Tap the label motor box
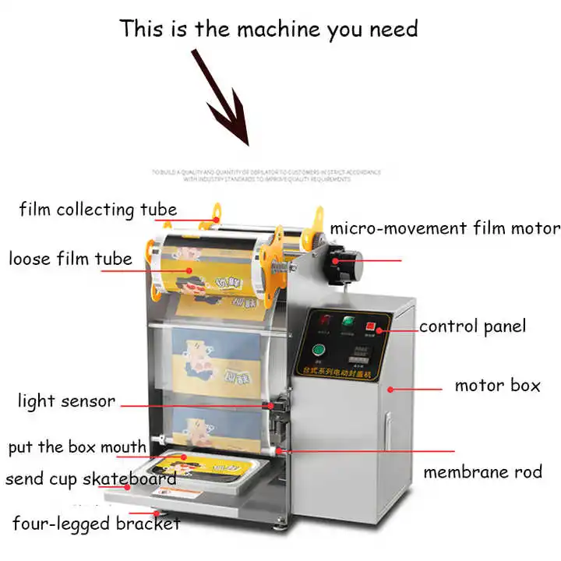pyautogui.click(x=497, y=386)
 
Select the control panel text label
pyautogui.click(x=472, y=326)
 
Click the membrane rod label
pyautogui.click(x=482, y=472)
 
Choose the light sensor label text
pyautogui.click(x=66, y=402)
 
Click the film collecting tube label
pyautogui.click(x=98, y=210)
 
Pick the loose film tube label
pyautogui.click(x=70, y=258)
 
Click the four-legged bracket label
pyautogui.click(x=96, y=524)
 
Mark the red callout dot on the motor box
pyautogui.click(x=390, y=386)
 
